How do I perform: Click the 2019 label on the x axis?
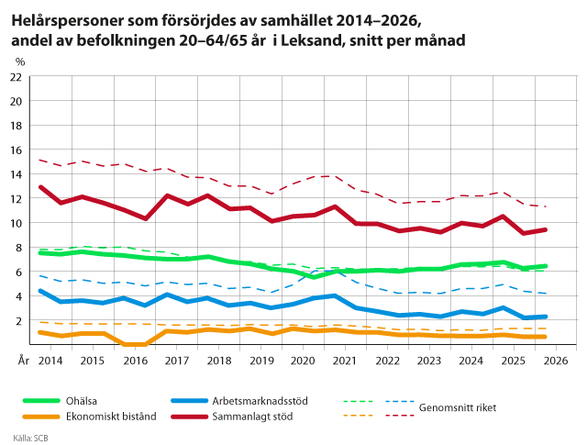coord(261,361)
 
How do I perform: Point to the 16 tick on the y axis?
coord(16,150)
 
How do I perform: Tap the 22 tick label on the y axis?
coord(16,77)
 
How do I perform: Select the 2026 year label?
coord(556,361)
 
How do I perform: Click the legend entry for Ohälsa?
coord(82,401)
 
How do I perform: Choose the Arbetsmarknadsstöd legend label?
coord(260,401)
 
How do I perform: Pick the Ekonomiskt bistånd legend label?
coord(111,417)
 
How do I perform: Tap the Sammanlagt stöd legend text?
coord(252,417)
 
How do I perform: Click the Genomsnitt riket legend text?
coord(458,407)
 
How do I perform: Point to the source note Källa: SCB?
coord(30,438)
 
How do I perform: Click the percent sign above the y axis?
coord(20,61)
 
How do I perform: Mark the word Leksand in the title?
coord(312,40)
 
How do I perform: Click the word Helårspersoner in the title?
coord(67,21)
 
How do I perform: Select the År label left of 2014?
coord(24,361)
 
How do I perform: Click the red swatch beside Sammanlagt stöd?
coord(189,417)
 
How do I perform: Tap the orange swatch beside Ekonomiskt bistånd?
coord(41,417)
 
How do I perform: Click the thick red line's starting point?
coord(40,187)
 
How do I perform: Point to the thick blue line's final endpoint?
coord(545,317)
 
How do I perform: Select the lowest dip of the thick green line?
coord(314,277)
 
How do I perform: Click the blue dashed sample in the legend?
coord(400,401)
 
